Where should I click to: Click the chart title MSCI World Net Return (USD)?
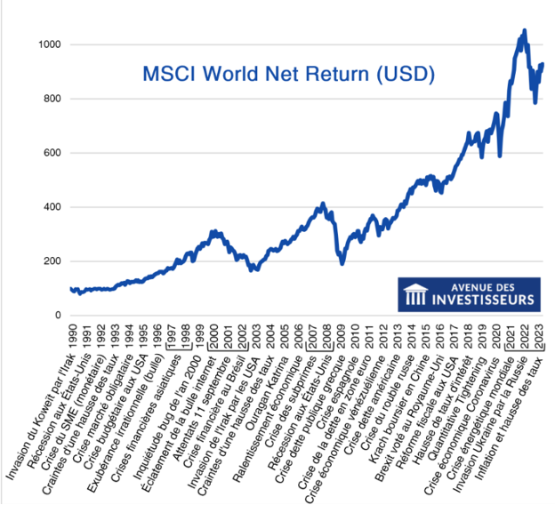290,74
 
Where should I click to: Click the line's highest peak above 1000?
524,30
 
